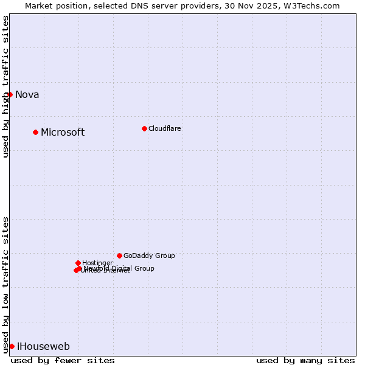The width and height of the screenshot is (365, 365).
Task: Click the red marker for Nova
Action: pyautogui.click(x=10, y=94)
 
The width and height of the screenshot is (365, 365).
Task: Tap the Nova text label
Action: pyautogui.click(x=27, y=94)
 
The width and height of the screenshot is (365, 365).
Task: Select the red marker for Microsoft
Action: pyautogui.click(x=36, y=132)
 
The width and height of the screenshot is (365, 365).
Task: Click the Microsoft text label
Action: pyautogui.click(x=63, y=133)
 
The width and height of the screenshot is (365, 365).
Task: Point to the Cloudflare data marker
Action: pyautogui.click(x=144, y=128)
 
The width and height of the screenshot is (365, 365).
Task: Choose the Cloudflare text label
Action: pyautogui.click(x=165, y=128)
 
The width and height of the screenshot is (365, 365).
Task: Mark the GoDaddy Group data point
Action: pyautogui.click(x=119, y=255)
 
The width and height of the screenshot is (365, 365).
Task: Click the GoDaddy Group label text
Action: pyautogui.click(x=149, y=255)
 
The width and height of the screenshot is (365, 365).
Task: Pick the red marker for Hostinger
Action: pyautogui.click(x=78, y=263)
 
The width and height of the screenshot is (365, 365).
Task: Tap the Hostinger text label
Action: pyautogui.click(x=97, y=263)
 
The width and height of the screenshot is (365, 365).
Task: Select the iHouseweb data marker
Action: pyautogui.click(x=12, y=346)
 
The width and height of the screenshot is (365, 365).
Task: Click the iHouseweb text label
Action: pyautogui.click(x=43, y=347)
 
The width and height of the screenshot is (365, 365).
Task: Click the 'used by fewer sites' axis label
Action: pyautogui.click(x=63, y=360)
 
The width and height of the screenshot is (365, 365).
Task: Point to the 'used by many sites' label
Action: pyautogui.click(x=305, y=360)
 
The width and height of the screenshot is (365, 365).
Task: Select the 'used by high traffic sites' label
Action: pyautogui.click(x=6, y=86)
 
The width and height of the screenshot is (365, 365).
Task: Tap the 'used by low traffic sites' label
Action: pyautogui.click(x=6, y=285)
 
